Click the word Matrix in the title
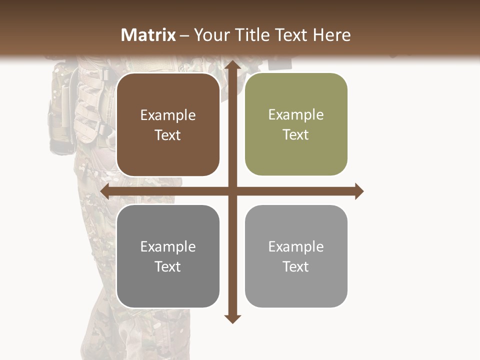(148, 35)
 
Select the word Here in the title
(331, 35)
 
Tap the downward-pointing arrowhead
(231, 318)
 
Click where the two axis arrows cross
(231, 191)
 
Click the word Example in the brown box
(168, 115)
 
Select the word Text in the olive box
(296, 135)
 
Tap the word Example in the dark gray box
(168, 246)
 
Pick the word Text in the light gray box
(296, 266)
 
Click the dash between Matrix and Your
(184, 35)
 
